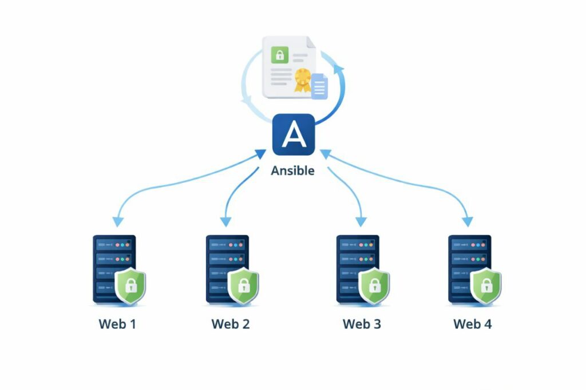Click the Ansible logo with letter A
click(x=293, y=134)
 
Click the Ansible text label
click(x=292, y=170)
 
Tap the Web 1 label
click(x=117, y=324)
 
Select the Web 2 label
click(x=230, y=324)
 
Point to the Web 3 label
click(x=361, y=324)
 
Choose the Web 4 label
click(x=472, y=324)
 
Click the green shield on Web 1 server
click(x=130, y=284)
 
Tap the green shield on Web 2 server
click(x=243, y=284)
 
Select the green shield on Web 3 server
click(x=374, y=284)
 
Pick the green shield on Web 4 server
click(x=486, y=284)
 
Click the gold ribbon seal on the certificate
click(x=302, y=81)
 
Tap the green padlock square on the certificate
click(x=280, y=55)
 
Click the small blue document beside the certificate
click(x=319, y=86)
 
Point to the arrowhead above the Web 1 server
click(x=118, y=220)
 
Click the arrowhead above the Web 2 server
click(x=226, y=220)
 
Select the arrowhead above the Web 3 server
click(x=361, y=220)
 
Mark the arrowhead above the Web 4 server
click(x=468, y=220)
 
